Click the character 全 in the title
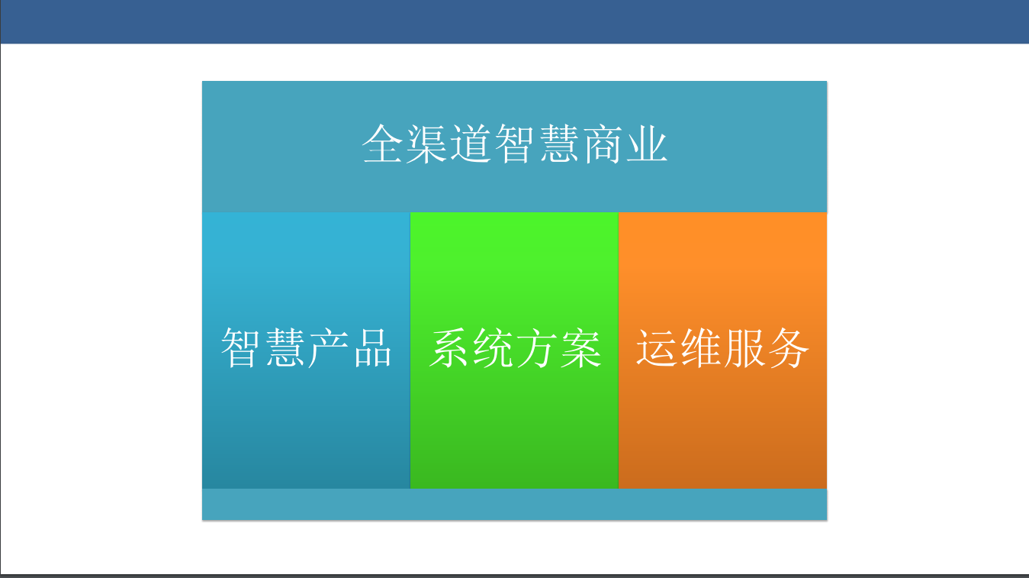click(x=382, y=144)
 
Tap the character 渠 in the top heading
click(x=426, y=144)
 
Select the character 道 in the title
click(x=471, y=144)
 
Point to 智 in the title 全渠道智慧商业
click(x=514, y=144)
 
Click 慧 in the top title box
click(x=559, y=144)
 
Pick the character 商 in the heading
click(x=603, y=144)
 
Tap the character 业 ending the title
click(x=648, y=144)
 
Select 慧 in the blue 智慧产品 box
click(x=285, y=347)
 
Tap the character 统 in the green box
click(x=493, y=347)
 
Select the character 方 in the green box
click(x=536, y=347)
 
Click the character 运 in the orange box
click(x=656, y=347)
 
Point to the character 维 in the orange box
click(x=700, y=347)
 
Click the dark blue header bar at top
click(x=514, y=21)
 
